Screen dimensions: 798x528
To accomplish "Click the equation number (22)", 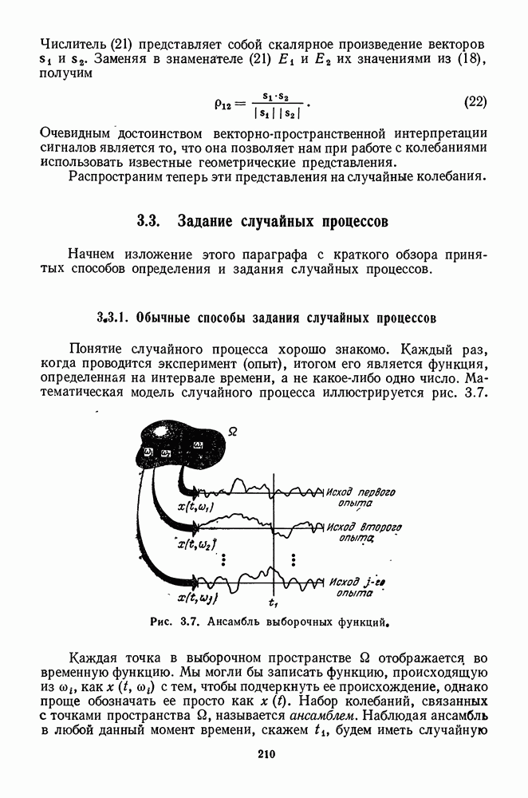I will pyautogui.click(x=475, y=102).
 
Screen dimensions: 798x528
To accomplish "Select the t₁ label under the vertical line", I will pyautogui.click(x=274, y=602).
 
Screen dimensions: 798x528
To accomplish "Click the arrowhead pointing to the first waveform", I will pyautogui.click(x=191, y=489).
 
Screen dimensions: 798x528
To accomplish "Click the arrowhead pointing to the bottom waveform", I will pyautogui.click(x=191, y=581).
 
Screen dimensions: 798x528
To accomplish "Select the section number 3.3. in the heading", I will pyautogui.click(x=150, y=219).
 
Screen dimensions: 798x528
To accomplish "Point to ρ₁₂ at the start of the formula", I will pyautogui.click(x=226, y=103).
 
